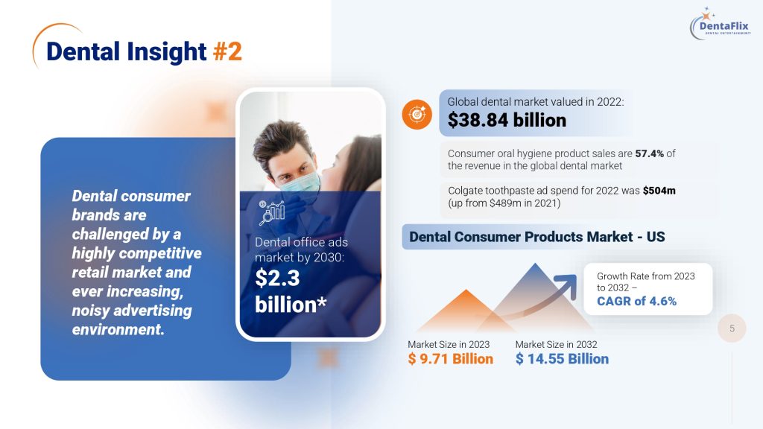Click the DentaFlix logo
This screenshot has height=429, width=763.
click(721, 25)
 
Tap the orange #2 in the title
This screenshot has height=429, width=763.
click(227, 51)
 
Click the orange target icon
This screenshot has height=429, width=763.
click(417, 114)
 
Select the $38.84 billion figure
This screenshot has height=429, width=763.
click(507, 120)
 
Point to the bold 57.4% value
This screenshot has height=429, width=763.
click(649, 153)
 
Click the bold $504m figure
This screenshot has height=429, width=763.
click(659, 191)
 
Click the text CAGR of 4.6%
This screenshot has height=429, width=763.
click(636, 301)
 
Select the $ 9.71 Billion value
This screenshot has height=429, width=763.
click(450, 359)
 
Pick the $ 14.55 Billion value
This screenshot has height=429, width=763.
click(562, 359)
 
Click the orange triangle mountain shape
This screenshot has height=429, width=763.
click(465, 312)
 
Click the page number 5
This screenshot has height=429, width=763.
click(732, 328)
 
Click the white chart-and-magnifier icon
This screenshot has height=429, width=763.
click(271, 212)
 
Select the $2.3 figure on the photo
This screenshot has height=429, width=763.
click(277, 278)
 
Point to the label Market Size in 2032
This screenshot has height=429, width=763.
click(556, 344)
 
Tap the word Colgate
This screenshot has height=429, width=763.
click(465, 191)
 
